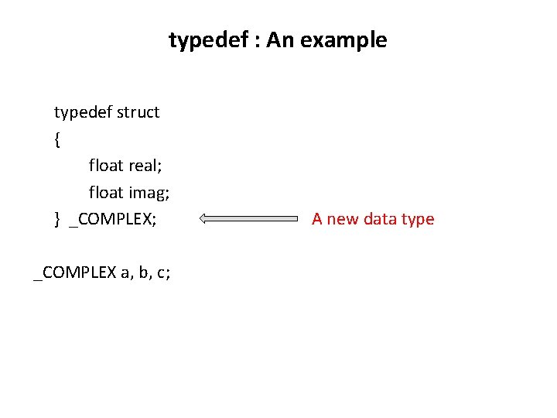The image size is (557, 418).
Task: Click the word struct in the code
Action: coord(138,112)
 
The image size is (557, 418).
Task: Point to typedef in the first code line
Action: coord(83,112)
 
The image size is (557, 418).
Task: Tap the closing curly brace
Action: coord(57,219)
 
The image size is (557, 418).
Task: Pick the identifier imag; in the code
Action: coord(149,192)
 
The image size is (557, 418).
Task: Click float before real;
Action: coord(106,166)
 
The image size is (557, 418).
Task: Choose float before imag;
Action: coord(106,192)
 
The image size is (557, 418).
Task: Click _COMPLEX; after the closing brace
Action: coord(113,219)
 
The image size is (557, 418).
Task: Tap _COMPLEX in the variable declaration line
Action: coord(74,272)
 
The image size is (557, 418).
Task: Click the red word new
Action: coord(343,219)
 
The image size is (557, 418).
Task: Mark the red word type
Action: coord(418,220)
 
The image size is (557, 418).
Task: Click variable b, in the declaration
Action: coord(144,272)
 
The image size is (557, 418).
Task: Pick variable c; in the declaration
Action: coord(163,272)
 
